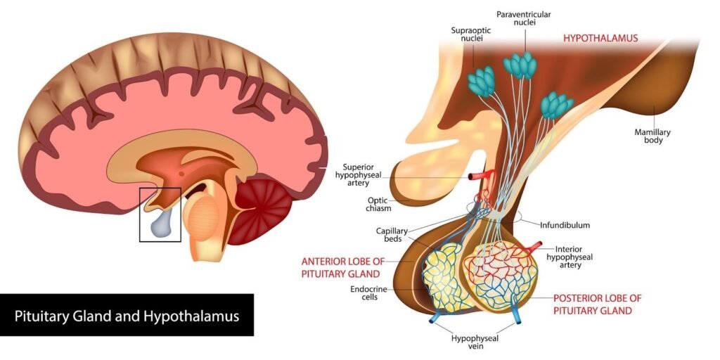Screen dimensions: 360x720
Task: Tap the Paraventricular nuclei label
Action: [x=523, y=19]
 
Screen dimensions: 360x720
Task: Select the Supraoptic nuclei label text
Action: [x=470, y=35]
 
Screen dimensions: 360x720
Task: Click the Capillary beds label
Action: [x=387, y=234]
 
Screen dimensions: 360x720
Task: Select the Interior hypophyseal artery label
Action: [x=574, y=257]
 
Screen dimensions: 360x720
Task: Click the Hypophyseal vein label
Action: [x=475, y=342]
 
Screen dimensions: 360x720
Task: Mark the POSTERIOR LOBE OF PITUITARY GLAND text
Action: [x=598, y=304]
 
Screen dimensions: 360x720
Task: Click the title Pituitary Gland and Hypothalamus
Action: [x=127, y=316]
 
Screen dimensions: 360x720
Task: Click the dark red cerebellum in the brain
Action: [x=264, y=208]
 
